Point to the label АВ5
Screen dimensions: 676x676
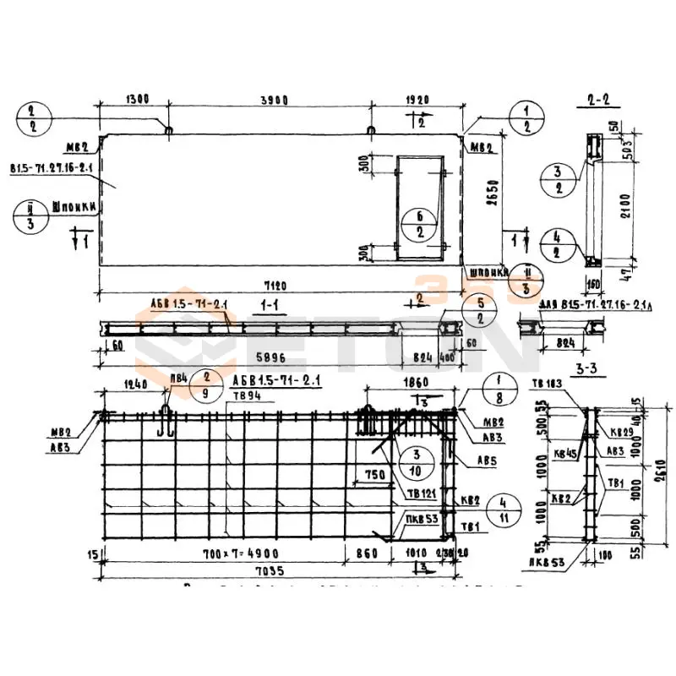(486, 461)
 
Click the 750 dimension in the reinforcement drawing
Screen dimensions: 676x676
(374, 475)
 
